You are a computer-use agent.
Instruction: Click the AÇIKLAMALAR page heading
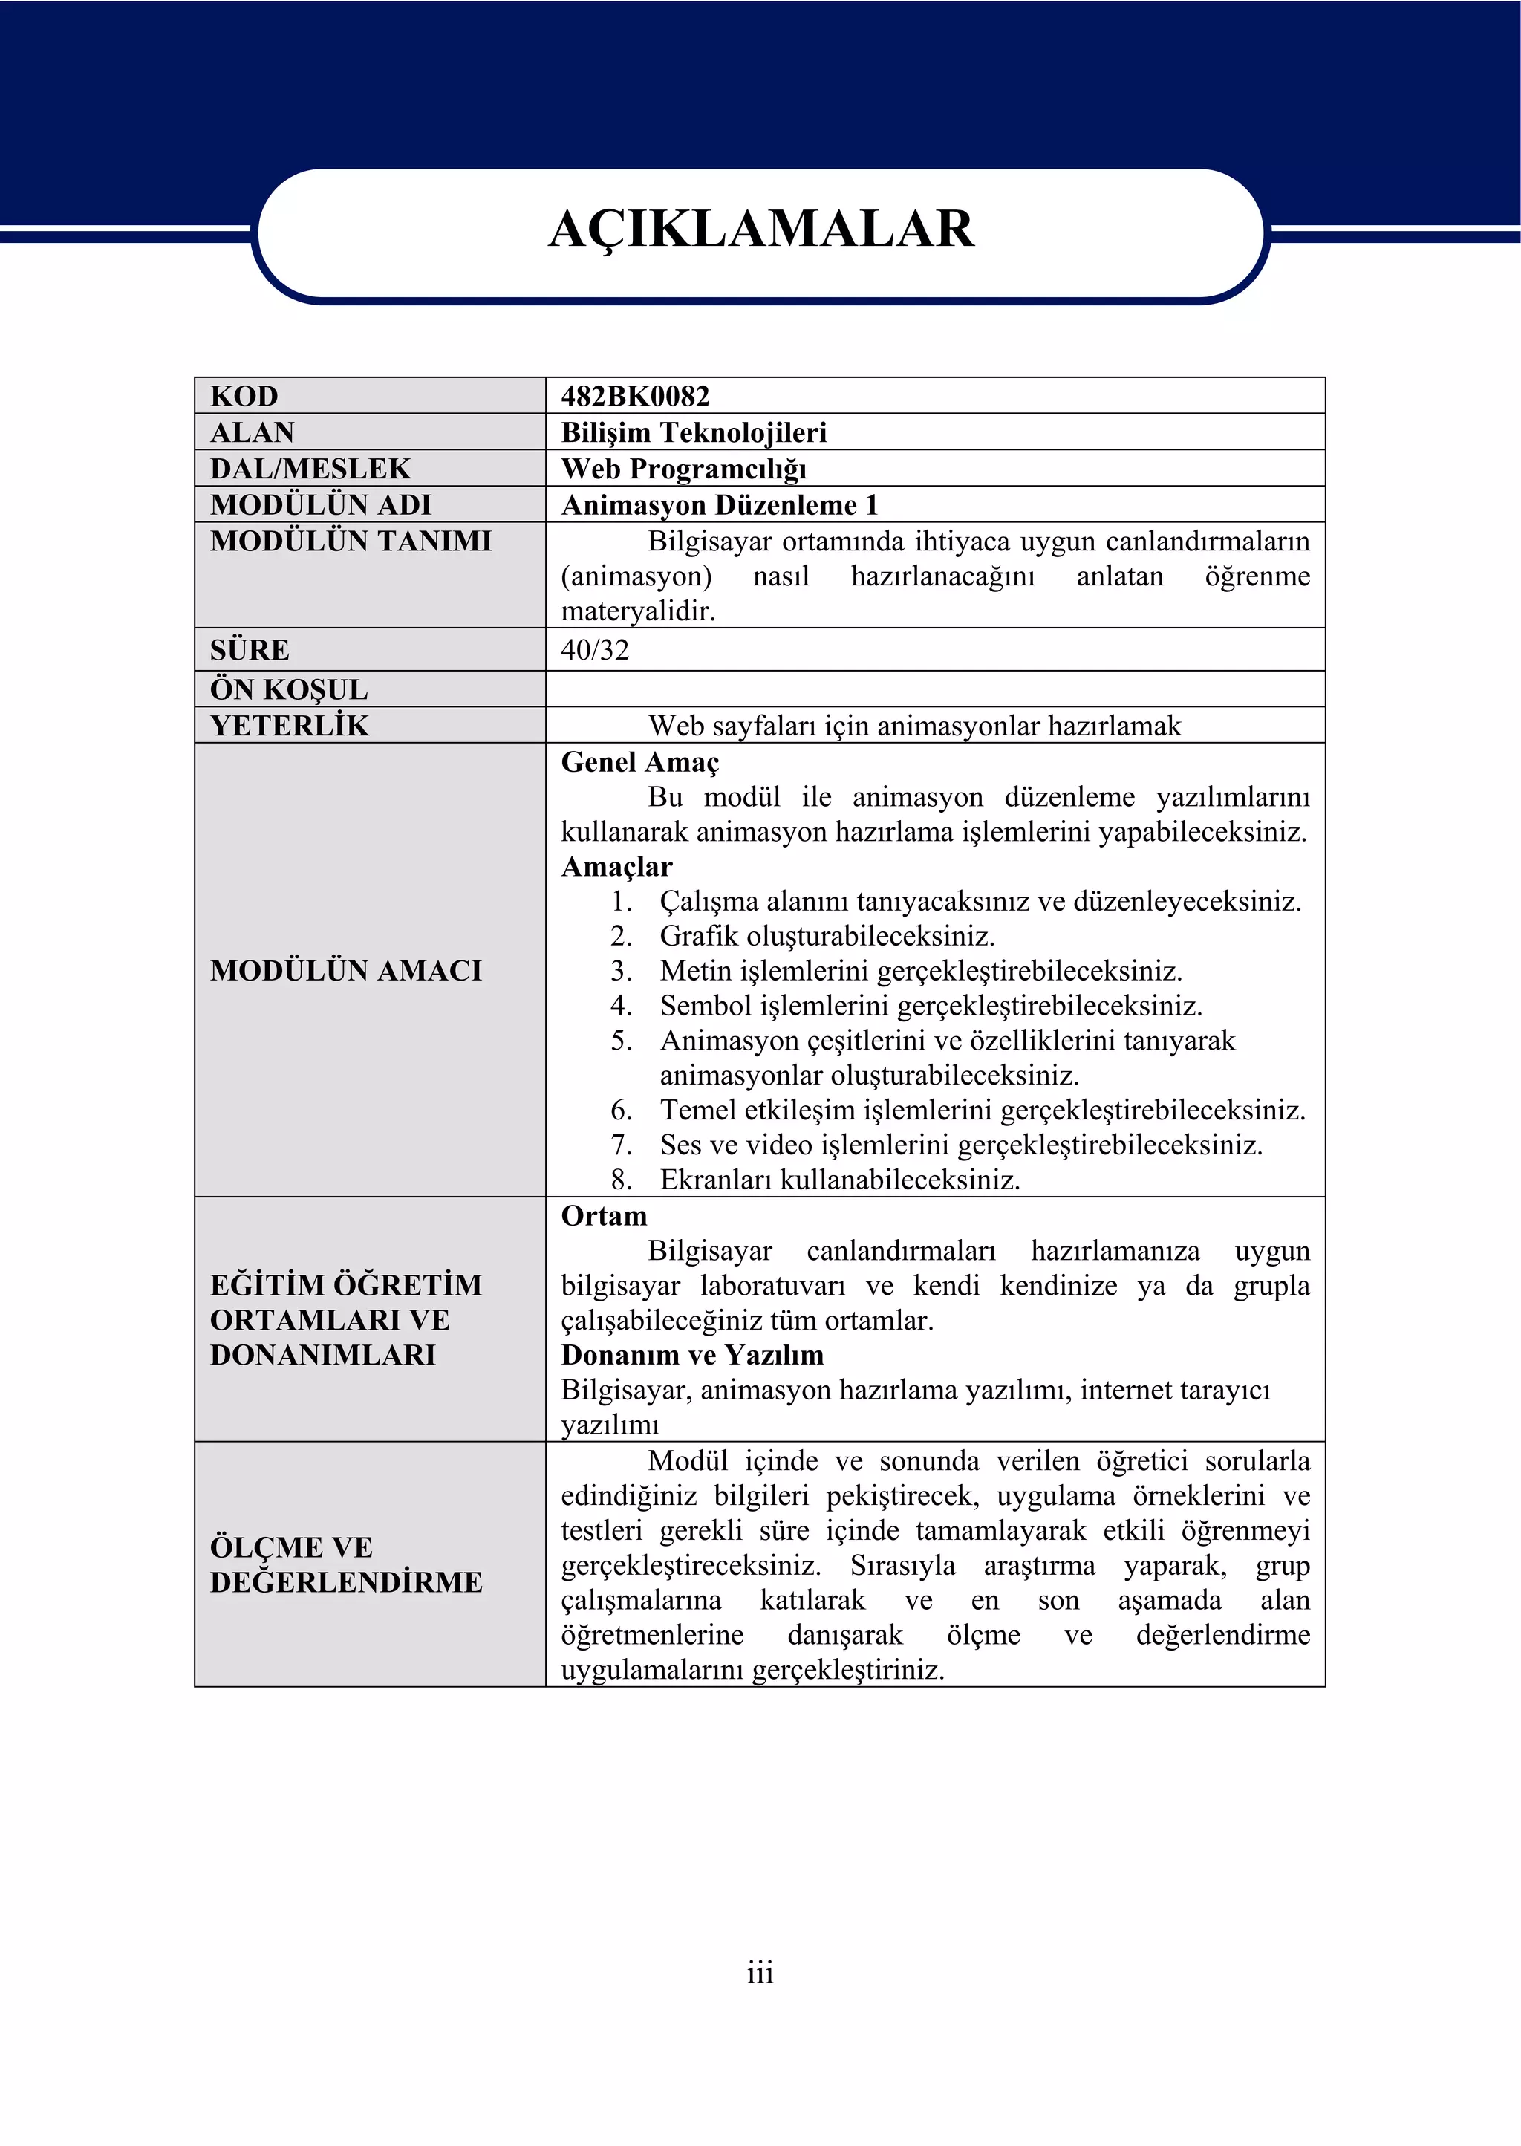click(760, 230)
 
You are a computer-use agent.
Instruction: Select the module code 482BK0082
click(635, 396)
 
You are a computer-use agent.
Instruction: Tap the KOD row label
click(244, 396)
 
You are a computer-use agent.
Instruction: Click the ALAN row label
click(252, 433)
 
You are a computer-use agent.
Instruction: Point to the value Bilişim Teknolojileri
click(693, 433)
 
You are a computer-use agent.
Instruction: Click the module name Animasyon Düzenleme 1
click(720, 505)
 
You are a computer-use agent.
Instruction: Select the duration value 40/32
click(595, 650)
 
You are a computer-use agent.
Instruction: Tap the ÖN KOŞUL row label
click(288, 689)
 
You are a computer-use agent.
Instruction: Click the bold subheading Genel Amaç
click(639, 762)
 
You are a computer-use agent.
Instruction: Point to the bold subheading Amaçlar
click(616, 866)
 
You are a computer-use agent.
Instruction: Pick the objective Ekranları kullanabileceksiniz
click(839, 1180)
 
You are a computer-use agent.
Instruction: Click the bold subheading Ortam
click(604, 1216)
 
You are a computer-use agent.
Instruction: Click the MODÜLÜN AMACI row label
click(345, 970)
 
